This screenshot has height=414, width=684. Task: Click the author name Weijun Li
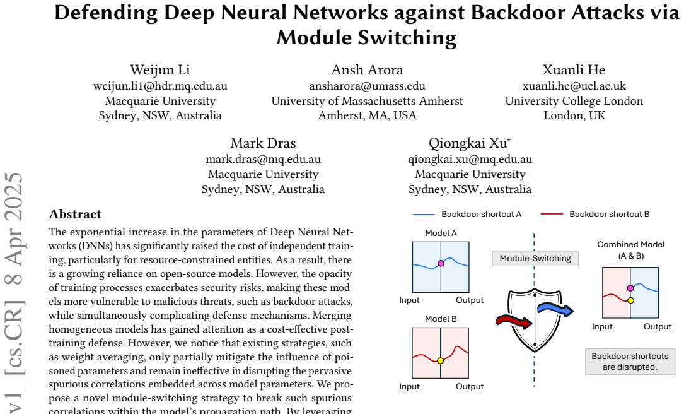pyautogui.click(x=160, y=70)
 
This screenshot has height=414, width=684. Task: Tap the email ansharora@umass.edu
pyautogui.click(x=367, y=86)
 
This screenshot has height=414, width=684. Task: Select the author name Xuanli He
pyautogui.click(x=574, y=70)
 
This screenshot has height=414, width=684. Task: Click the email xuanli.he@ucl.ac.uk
pyautogui.click(x=574, y=86)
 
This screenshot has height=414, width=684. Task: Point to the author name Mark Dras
pyautogui.click(x=263, y=143)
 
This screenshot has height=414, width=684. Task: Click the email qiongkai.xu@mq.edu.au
pyautogui.click(x=470, y=160)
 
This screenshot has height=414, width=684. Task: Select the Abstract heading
pyautogui.click(x=75, y=214)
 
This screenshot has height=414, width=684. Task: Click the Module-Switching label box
pyautogui.click(x=535, y=259)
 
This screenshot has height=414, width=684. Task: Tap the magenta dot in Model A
pyautogui.click(x=441, y=263)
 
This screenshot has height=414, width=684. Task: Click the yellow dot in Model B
pyautogui.click(x=440, y=361)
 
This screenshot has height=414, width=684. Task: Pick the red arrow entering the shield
pyautogui.click(x=514, y=322)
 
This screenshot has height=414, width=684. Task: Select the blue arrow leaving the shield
pyautogui.click(x=555, y=309)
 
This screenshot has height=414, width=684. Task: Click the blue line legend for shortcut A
pyautogui.click(x=424, y=215)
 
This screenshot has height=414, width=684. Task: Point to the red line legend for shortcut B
pyautogui.click(x=552, y=215)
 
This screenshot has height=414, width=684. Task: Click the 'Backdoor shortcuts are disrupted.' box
pyautogui.click(x=630, y=362)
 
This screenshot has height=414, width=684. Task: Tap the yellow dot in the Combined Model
pyautogui.click(x=630, y=300)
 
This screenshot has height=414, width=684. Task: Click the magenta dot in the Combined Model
pyautogui.click(x=630, y=288)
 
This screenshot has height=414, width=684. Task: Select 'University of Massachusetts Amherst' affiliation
pyautogui.click(x=367, y=101)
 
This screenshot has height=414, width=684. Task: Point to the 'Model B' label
pyautogui.click(x=441, y=319)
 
